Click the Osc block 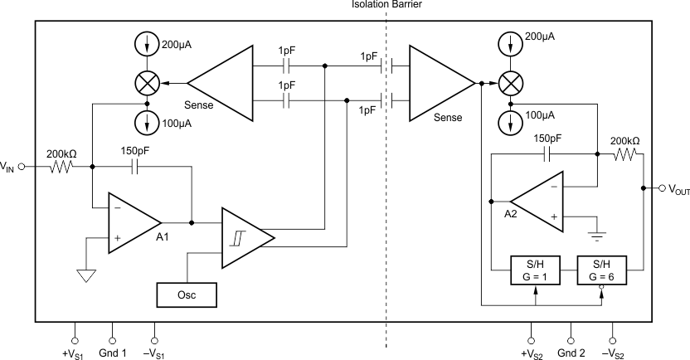(187, 294)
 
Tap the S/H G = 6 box (602, 270)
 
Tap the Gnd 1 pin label (113, 353)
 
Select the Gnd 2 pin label (571, 353)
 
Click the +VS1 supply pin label (74, 353)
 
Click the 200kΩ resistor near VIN (61, 167)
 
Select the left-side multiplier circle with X (147, 83)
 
